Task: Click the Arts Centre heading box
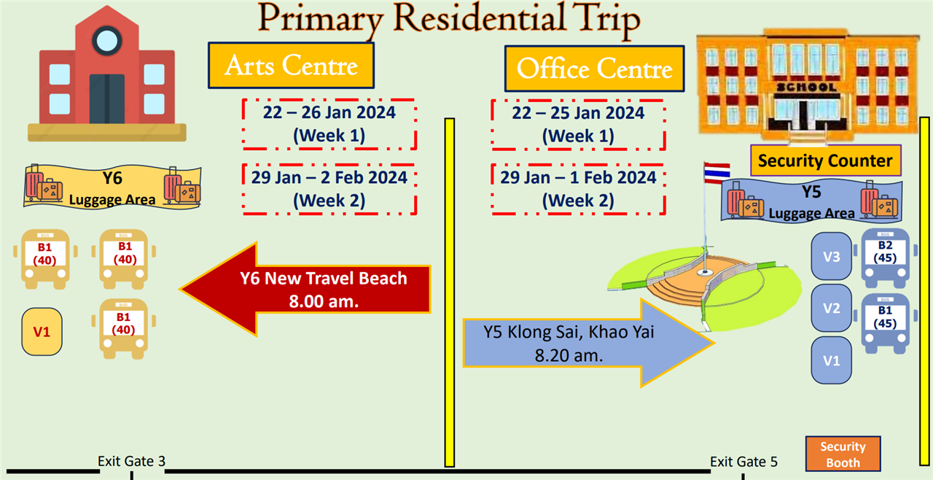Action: [291, 66]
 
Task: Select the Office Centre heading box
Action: [594, 69]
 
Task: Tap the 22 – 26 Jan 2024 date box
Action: [329, 124]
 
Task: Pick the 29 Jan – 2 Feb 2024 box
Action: [329, 189]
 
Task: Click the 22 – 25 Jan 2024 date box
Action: [578, 125]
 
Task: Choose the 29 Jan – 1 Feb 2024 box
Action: [578, 189]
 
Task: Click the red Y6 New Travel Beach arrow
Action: [305, 289]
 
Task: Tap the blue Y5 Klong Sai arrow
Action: [588, 344]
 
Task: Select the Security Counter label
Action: [826, 160]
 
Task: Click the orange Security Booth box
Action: [843, 454]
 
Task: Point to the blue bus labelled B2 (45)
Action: [886, 258]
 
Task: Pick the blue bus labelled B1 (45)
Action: [886, 324]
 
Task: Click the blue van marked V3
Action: [832, 256]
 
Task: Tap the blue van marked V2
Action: [832, 308]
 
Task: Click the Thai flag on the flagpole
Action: [717, 172]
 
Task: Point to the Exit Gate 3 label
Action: [132, 461]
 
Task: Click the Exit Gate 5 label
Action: [744, 462]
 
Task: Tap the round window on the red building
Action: [107, 41]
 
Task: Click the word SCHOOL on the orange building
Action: [807, 87]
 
